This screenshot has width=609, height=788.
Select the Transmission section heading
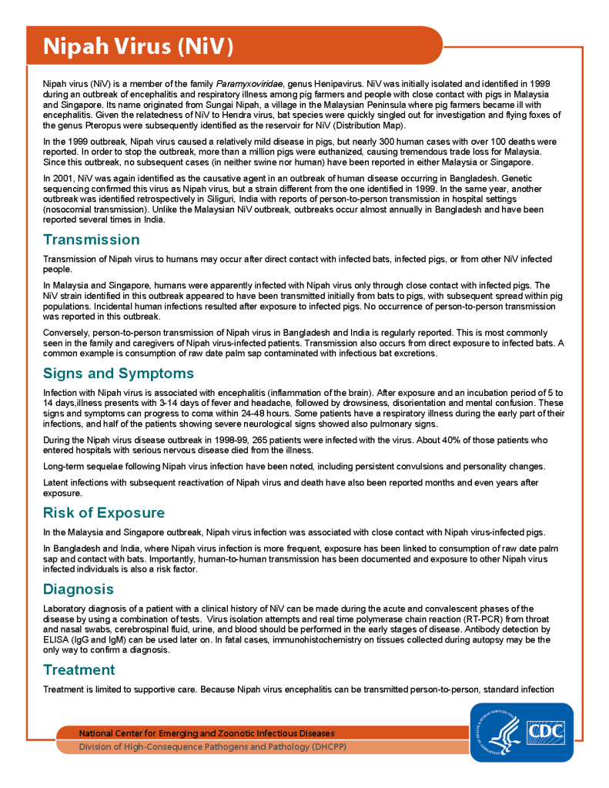(x=91, y=240)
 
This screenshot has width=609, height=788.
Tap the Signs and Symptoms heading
(x=118, y=374)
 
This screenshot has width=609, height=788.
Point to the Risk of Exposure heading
(x=103, y=513)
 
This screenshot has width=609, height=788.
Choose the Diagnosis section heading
(x=79, y=589)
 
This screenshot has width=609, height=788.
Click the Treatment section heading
(x=79, y=669)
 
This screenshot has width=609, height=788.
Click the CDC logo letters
(x=545, y=731)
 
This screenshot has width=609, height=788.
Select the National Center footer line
(x=206, y=733)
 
